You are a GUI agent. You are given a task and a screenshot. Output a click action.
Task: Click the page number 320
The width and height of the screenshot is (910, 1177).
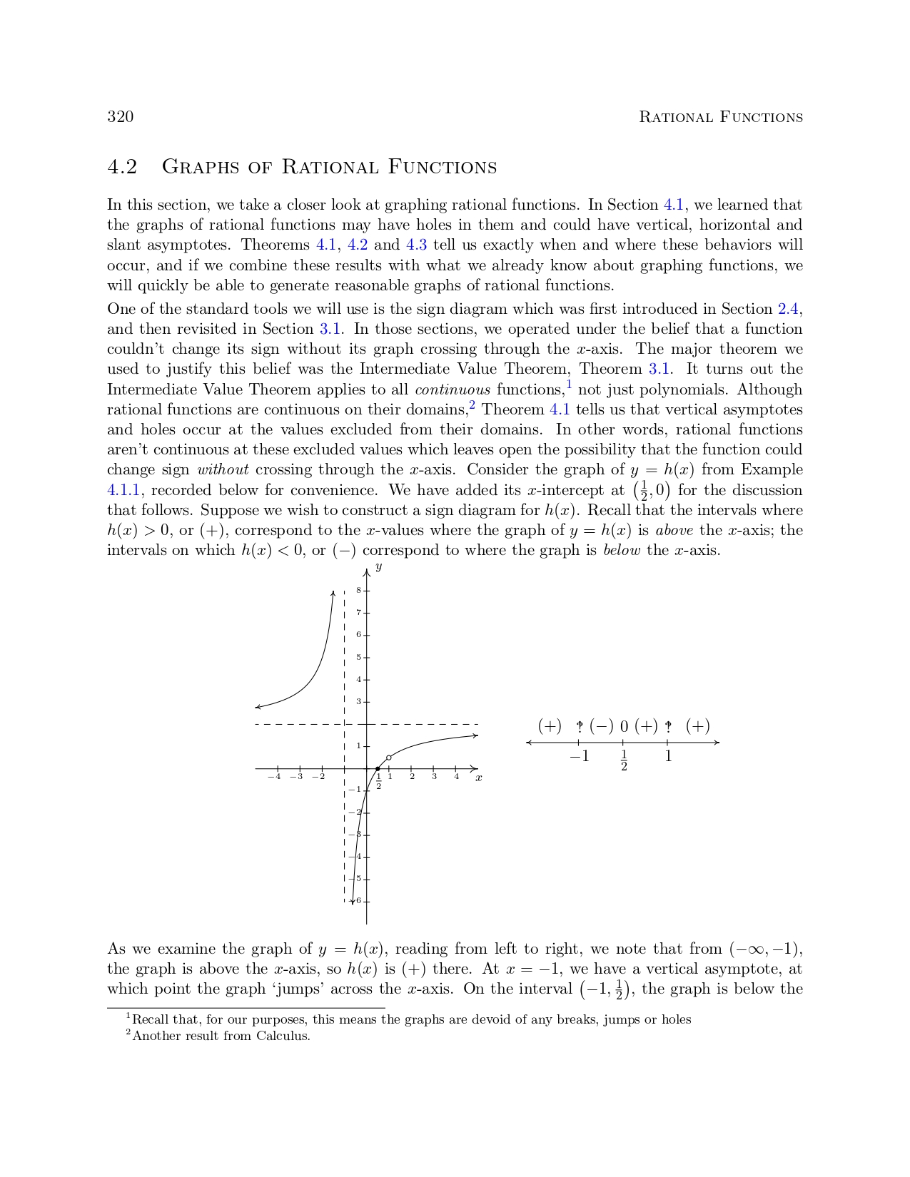tap(120, 117)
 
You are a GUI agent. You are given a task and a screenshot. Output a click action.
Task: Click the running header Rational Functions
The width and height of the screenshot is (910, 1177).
tap(720, 117)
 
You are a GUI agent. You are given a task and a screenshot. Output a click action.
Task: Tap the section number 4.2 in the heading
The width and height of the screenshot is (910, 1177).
tap(122, 167)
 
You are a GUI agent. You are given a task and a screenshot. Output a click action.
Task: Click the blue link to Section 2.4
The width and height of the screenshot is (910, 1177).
tap(788, 309)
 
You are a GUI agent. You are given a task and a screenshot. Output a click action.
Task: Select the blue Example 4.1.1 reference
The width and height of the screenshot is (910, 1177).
tap(123, 490)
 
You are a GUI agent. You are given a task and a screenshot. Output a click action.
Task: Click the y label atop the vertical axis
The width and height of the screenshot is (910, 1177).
tap(378, 566)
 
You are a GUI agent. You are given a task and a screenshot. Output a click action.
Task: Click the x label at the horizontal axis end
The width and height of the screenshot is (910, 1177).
tap(478, 778)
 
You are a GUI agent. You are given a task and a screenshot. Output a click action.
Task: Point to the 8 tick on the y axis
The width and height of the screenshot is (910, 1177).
tap(359, 590)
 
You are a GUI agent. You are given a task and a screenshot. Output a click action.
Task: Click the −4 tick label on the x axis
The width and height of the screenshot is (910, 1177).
tap(274, 777)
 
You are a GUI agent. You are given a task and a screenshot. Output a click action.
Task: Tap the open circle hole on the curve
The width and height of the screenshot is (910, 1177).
tap(388, 758)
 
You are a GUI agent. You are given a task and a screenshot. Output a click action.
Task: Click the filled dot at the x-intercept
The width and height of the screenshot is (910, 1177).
tap(378, 769)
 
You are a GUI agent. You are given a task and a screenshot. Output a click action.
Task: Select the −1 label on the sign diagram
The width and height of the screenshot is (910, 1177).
tap(579, 756)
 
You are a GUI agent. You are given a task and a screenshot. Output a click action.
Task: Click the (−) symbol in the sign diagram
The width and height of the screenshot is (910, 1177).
tap(601, 726)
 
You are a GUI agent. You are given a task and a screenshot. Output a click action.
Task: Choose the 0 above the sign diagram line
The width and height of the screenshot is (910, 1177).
tap(624, 727)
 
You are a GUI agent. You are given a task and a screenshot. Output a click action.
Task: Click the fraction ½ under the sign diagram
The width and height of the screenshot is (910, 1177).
tap(624, 760)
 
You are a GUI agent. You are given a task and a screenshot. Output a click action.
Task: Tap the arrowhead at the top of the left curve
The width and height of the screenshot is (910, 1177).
tap(333, 593)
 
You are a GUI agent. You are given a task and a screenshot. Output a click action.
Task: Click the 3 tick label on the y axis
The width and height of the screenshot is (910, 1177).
tap(359, 702)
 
